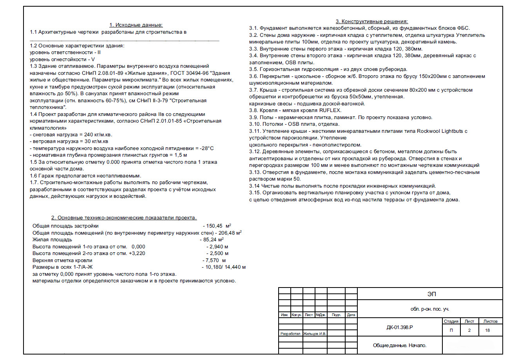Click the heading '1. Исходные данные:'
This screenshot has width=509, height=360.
(x=136, y=25)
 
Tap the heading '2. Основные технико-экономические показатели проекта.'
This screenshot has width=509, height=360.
(x=124, y=218)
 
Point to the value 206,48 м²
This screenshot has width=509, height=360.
(x=228, y=233)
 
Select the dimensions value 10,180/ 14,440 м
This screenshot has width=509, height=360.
(x=225, y=267)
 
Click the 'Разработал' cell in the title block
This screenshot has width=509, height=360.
(x=290, y=334)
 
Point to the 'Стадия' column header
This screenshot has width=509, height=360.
(x=451, y=321)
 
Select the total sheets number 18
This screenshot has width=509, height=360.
(x=487, y=330)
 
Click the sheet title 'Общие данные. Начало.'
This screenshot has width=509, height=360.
(x=399, y=346)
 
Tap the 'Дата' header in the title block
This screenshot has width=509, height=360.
(x=351, y=315)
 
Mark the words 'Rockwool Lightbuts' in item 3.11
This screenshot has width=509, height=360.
(x=441, y=131)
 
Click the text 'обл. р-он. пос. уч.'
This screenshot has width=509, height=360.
(x=429, y=309)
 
